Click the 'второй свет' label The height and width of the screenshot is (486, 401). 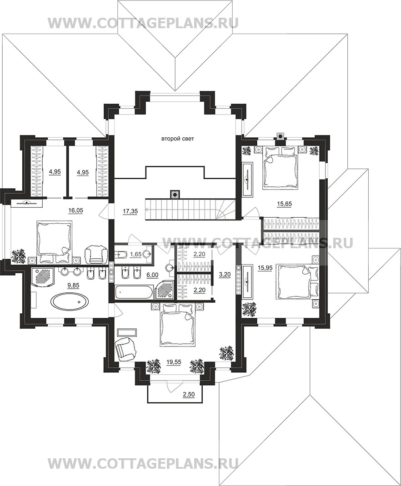(177, 139)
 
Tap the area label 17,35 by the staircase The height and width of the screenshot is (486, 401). (130, 211)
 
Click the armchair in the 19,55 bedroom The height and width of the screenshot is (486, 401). (125, 349)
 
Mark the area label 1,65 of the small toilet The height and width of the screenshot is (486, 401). (135, 255)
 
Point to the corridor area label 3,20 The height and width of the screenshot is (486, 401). (225, 275)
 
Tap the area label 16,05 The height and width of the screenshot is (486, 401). (75, 210)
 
